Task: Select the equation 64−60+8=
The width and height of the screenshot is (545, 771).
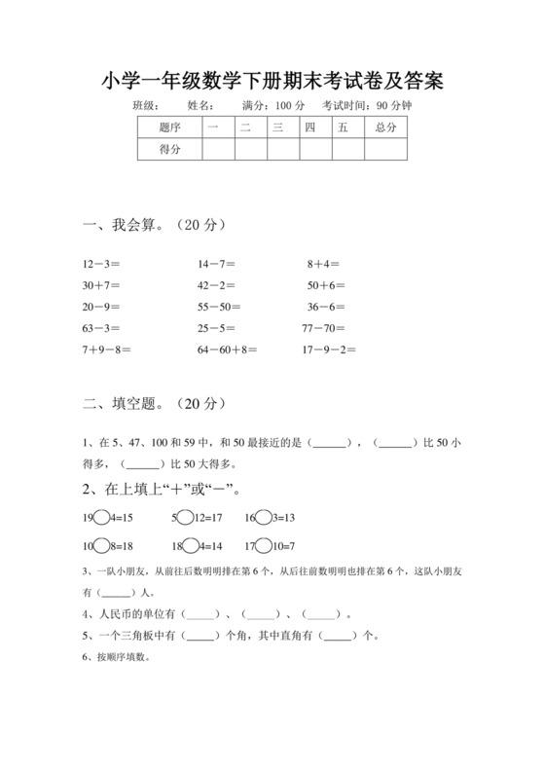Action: click(x=227, y=349)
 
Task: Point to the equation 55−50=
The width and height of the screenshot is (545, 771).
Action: click(x=219, y=307)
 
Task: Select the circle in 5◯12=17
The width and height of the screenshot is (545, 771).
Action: click(x=183, y=518)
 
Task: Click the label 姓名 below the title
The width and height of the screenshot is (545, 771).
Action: click(x=200, y=105)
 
